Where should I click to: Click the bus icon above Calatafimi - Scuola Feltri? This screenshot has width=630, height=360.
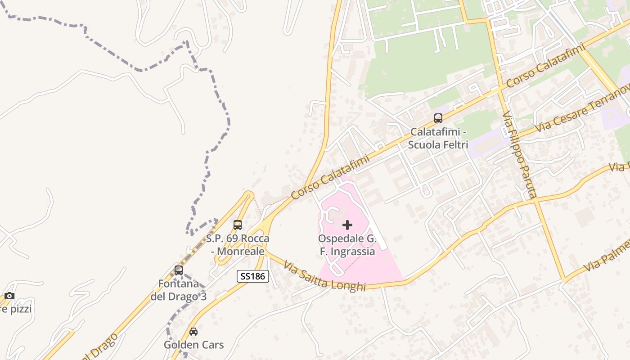pos(438,118)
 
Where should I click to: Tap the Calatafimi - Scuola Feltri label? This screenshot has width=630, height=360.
pos(438,139)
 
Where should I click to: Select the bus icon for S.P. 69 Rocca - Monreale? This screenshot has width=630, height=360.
pos(237,225)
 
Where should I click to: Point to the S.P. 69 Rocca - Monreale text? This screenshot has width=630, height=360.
pos(238,245)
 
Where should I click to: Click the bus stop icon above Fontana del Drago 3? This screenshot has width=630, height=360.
pos(179,270)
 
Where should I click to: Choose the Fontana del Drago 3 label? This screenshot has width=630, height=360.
pos(179,290)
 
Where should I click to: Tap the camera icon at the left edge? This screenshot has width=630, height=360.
pos(9,296)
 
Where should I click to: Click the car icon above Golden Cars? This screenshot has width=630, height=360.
pos(193,332)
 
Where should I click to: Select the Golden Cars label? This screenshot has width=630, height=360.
pos(193,345)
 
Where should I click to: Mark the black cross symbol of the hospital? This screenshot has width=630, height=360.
pos(347,225)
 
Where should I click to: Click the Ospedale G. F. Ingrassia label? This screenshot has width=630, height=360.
pos(347,245)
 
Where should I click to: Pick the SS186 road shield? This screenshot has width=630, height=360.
pos(253,276)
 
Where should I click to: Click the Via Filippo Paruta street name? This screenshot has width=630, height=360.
pos(520,155)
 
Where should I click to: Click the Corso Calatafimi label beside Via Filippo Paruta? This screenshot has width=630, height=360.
pos(545,65)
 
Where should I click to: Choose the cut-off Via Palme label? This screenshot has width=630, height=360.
pos(607,256)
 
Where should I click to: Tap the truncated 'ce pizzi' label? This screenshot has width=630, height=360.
pos(16,309)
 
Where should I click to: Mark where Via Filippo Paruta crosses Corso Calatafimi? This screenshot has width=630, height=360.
pos(499,89)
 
